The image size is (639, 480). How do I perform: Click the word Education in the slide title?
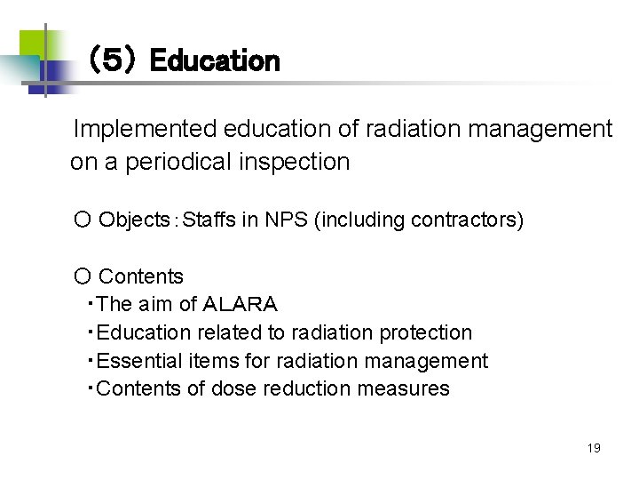215,61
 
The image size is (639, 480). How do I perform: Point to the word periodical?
171,162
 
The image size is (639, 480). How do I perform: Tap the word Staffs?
209,219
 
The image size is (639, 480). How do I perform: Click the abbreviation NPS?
285,219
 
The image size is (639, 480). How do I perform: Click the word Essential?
140,361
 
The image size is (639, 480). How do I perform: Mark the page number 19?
594,448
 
